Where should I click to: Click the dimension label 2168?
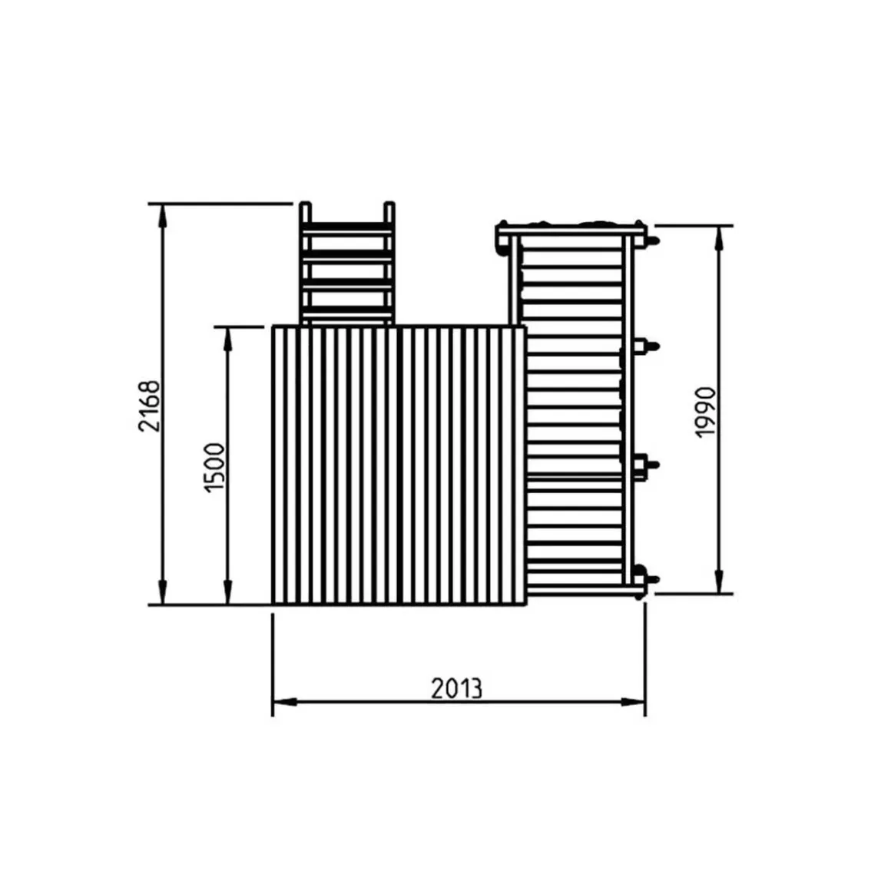pyautogui.click(x=150, y=406)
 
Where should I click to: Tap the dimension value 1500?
pyautogui.click(x=214, y=468)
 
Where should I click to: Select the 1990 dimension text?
pyautogui.click(x=705, y=412)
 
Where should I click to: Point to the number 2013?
pyautogui.click(x=456, y=688)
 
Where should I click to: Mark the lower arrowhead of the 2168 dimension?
pyautogui.click(x=163, y=593)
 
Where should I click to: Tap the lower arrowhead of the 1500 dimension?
pyautogui.click(x=228, y=593)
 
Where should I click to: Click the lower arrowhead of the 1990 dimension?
pyautogui.click(x=719, y=581)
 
